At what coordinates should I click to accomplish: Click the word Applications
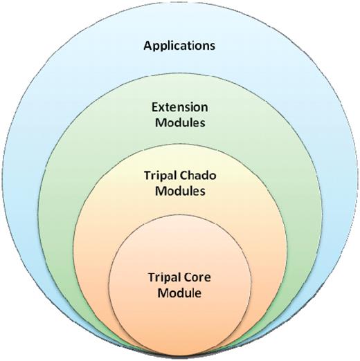tap(179, 46)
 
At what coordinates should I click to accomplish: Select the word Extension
tap(179, 108)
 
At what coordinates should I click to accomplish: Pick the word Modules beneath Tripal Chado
tap(179, 192)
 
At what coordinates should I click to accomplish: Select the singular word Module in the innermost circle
tap(179, 293)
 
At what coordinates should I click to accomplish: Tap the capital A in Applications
tap(147, 46)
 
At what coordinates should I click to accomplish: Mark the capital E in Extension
tap(156, 108)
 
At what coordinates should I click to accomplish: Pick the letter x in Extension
tap(163, 108)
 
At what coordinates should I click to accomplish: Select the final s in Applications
tap(213, 46)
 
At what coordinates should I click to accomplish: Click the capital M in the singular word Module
tap(165, 293)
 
